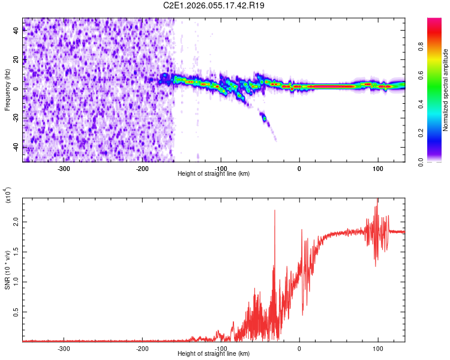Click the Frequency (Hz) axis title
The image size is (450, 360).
coord(7,90)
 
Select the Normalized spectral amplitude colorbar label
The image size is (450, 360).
coord(445,90)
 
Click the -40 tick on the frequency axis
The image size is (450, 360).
coord(15,147)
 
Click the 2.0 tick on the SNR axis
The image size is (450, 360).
coord(16,222)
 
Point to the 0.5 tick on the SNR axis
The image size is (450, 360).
coord(16,312)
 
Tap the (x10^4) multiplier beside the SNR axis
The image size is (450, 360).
coord(7,196)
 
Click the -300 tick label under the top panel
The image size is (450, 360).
coord(64,169)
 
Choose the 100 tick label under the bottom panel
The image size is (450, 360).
coord(378,349)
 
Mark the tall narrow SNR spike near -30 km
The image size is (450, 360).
coord(274,211)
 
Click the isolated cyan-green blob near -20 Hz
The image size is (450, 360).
coord(264,118)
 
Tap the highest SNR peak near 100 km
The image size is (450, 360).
coord(377,200)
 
